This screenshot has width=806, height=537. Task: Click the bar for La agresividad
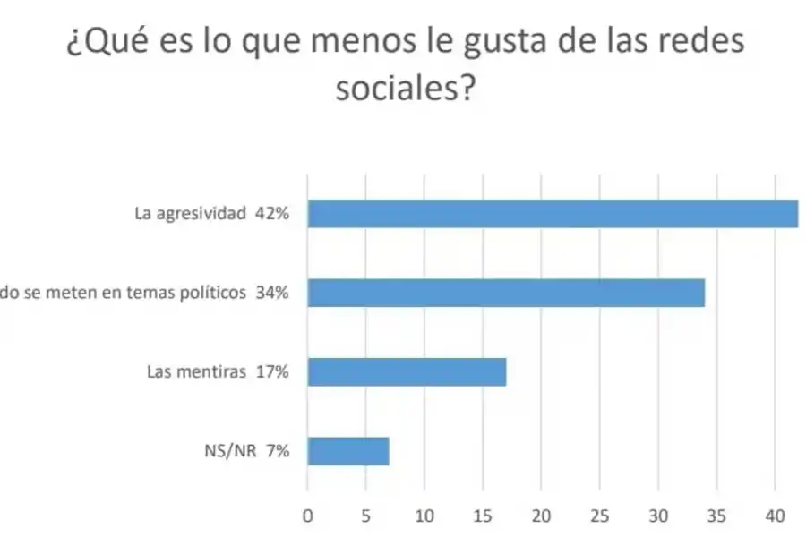[553, 215]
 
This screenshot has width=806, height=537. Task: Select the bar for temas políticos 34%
[506, 293]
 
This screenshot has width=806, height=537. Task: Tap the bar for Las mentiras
[407, 371]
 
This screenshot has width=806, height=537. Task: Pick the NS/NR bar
[348, 451]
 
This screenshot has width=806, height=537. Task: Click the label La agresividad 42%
[210, 215]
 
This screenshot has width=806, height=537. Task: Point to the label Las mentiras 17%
[218, 372]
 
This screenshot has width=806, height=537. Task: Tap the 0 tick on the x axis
[308, 516]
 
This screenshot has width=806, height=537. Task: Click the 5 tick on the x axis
[366, 516]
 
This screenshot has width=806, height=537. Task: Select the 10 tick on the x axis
[424, 516]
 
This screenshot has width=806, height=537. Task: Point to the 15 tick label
[483, 516]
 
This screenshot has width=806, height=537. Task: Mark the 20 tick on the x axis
[541, 516]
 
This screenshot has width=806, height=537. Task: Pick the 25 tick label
[600, 516]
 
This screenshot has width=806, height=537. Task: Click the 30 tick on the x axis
[658, 516]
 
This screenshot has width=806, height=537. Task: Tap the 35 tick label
[716, 516]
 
